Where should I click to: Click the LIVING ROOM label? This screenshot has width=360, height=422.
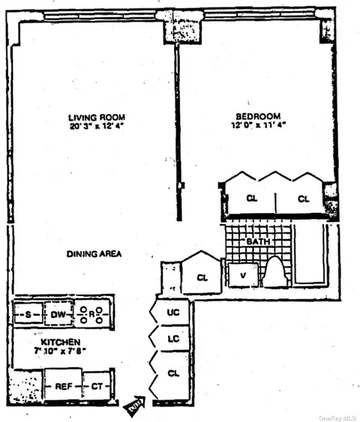point(96,117)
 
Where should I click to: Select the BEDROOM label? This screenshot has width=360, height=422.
point(258,116)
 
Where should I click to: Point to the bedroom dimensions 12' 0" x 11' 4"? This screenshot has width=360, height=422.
point(258,125)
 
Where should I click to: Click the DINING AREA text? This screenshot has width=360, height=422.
point(94,254)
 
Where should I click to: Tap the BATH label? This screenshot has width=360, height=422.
point(259,243)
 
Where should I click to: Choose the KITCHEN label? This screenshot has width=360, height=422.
point(52,343)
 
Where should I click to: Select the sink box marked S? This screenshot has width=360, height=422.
point(28,314)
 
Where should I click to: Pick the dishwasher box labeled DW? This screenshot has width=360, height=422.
point(58,314)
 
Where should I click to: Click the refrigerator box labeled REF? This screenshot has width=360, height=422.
point(62,387)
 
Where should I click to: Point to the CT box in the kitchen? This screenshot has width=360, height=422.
point(96,387)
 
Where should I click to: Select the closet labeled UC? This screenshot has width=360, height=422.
point(173,311)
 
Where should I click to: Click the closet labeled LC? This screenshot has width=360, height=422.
point(173,340)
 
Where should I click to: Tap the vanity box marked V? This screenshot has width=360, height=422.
point(242,274)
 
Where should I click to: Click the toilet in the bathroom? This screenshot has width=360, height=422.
point(275,273)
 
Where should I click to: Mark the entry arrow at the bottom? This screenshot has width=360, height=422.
point(133,406)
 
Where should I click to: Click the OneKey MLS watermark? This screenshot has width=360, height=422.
point(337,417)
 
